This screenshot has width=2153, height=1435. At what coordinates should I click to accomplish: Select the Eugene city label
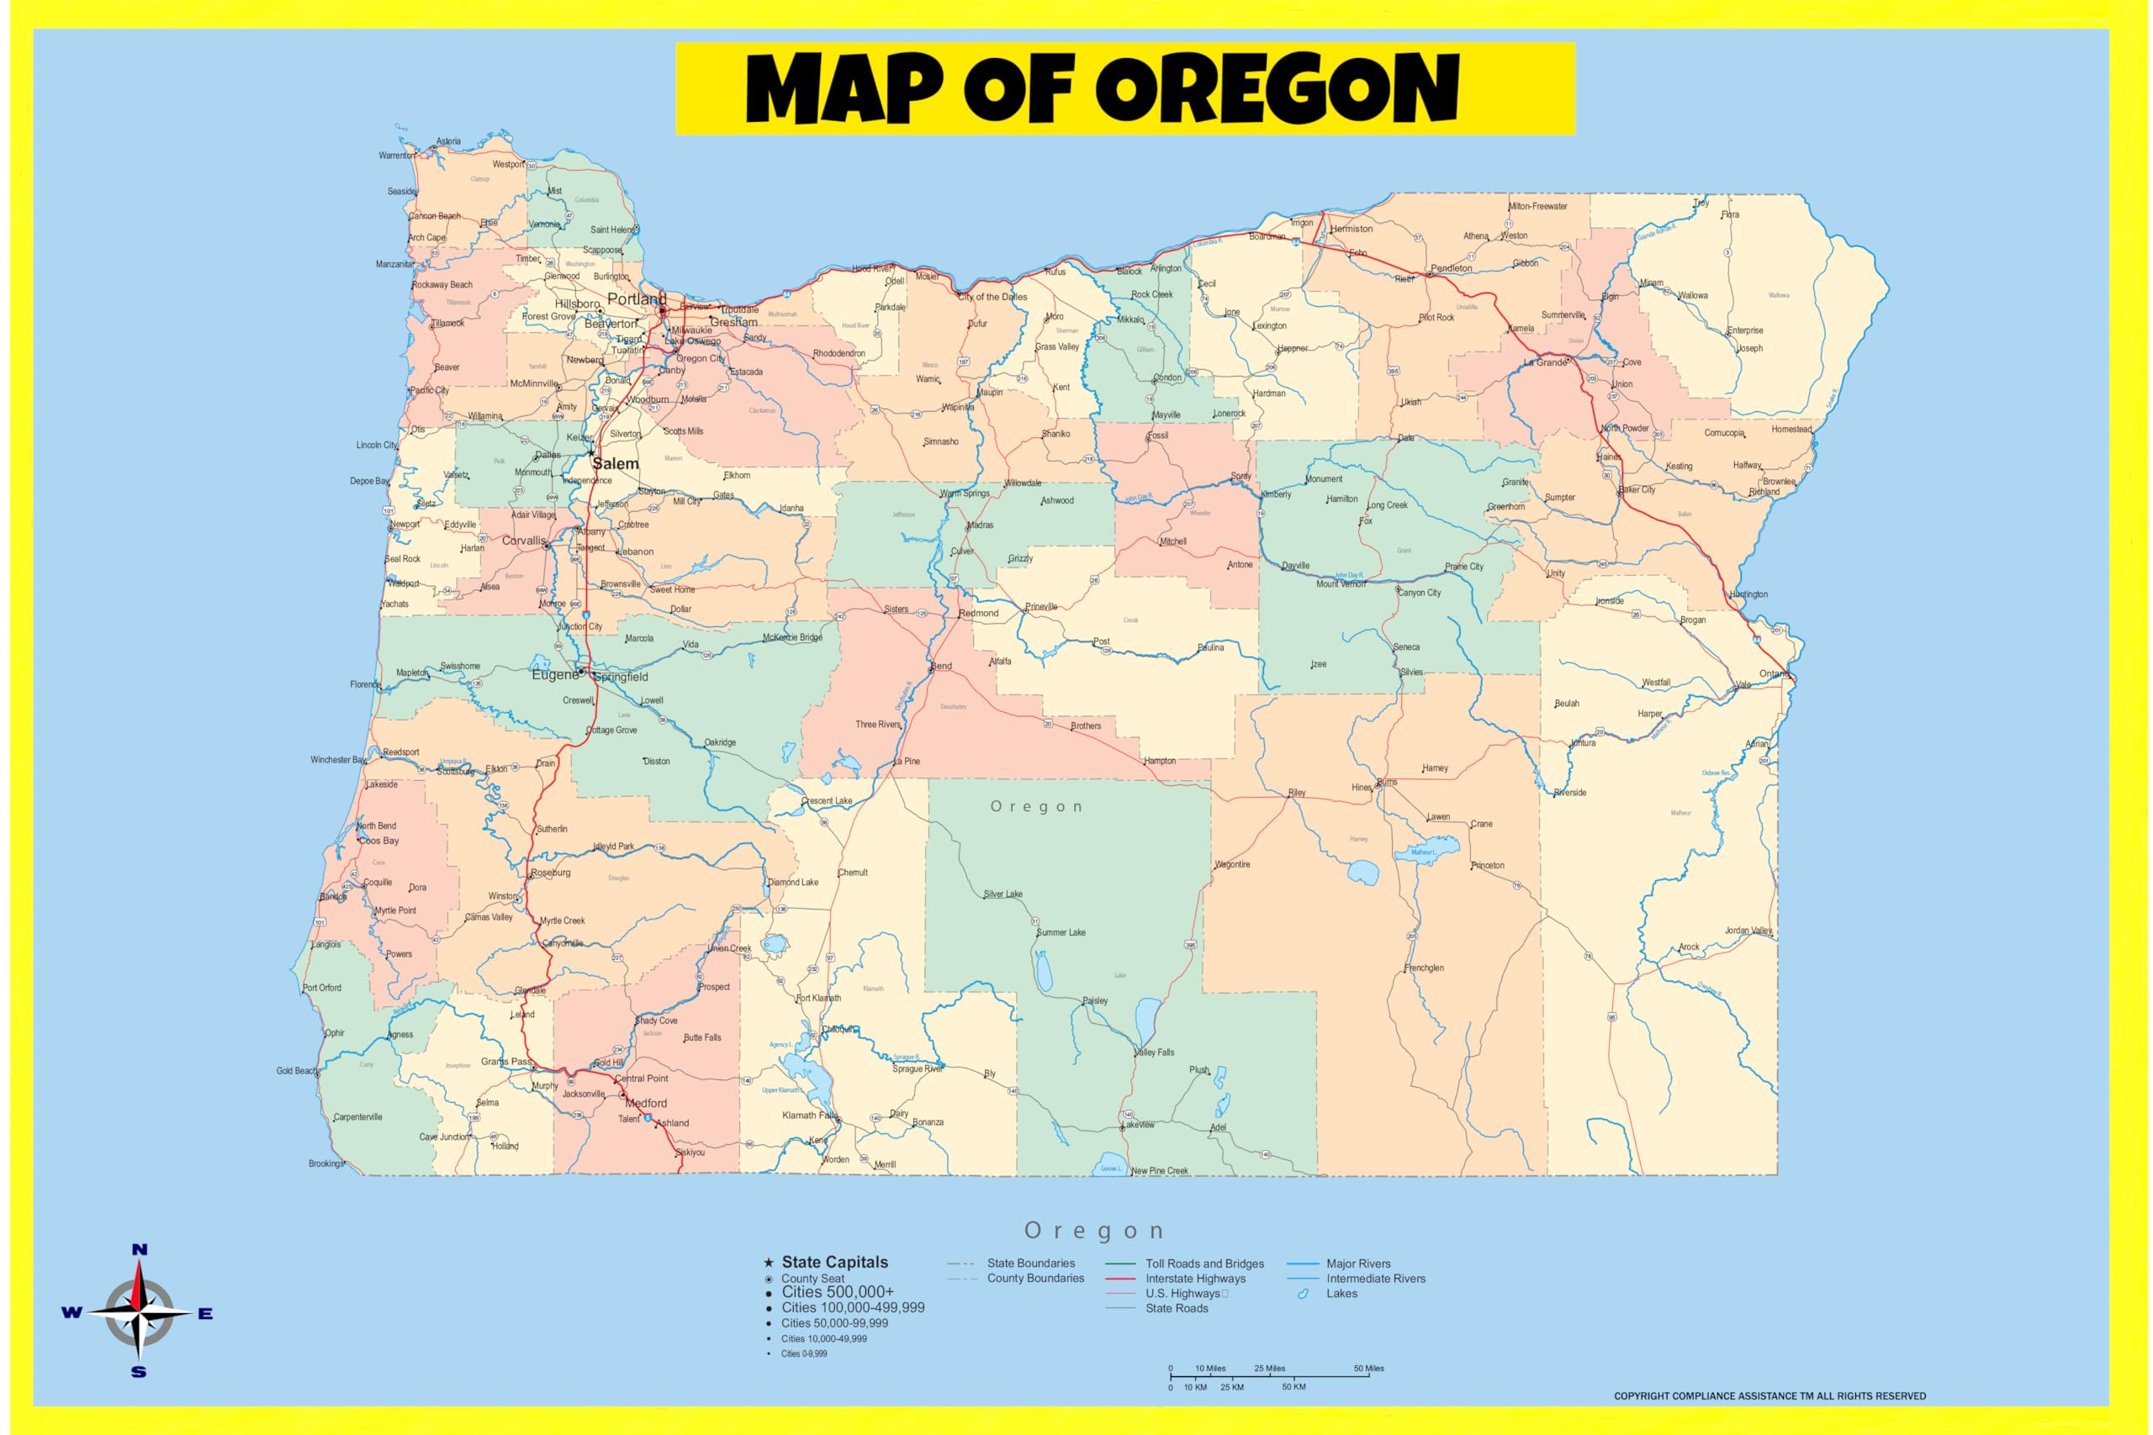click(555, 674)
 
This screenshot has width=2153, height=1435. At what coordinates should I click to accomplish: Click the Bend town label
click(942, 667)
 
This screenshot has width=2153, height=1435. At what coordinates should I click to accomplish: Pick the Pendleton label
click(1452, 268)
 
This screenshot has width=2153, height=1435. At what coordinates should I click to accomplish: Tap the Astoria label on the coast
click(448, 141)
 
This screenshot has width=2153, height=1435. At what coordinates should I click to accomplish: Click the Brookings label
click(325, 1164)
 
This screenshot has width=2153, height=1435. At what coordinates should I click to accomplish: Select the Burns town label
click(1388, 782)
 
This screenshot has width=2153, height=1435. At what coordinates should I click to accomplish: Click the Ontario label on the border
click(1774, 673)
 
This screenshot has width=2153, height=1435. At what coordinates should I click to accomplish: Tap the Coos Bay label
click(379, 840)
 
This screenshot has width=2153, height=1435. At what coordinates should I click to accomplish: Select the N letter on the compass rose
click(139, 1249)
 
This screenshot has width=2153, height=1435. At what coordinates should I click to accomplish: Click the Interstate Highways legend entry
click(1194, 1279)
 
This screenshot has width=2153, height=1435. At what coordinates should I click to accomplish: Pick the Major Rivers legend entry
click(1357, 1264)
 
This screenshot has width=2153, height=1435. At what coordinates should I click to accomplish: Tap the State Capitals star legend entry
click(834, 1262)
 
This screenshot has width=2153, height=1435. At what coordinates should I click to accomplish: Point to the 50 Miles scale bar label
click(1368, 1369)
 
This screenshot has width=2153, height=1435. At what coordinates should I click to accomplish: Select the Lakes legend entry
click(1341, 1293)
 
